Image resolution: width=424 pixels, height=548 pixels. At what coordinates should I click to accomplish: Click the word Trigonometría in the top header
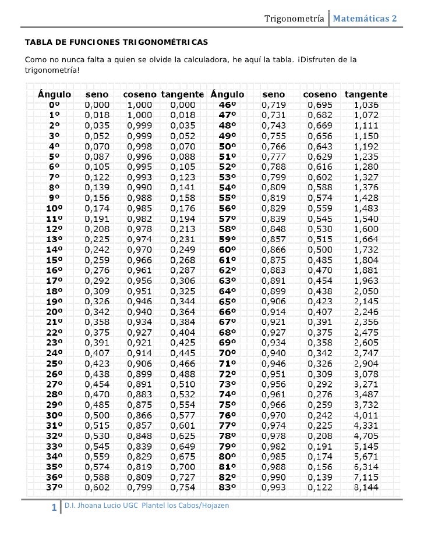pos(294,19)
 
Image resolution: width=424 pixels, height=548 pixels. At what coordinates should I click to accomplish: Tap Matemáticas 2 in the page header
pos(365,19)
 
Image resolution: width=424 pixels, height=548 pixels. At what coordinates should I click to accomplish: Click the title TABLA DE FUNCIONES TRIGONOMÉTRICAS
pos(116,44)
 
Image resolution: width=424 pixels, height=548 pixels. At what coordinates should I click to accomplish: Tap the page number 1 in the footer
pos(54,508)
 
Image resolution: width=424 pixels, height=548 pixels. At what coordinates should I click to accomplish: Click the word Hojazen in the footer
pos(215,505)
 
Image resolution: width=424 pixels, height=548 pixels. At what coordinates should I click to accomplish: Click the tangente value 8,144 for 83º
pos(366,486)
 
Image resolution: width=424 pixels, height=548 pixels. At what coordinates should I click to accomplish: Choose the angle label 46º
pos(227,105)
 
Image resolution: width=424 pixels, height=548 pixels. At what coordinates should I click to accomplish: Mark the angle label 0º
pos(54,105)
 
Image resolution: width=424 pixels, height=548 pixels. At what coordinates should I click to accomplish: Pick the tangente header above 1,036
pos(366,94)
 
